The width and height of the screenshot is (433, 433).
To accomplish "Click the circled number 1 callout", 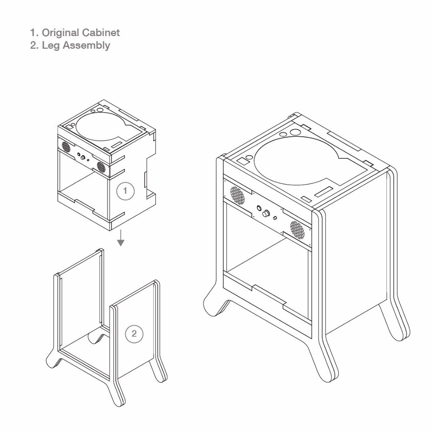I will (125, 191).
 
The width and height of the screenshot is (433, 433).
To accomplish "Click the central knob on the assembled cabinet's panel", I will (266, 214).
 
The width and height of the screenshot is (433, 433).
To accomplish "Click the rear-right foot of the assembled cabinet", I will (395, 325).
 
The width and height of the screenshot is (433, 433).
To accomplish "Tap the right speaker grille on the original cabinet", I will (101, 166).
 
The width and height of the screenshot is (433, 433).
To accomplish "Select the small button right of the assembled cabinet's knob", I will (275, 218).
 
